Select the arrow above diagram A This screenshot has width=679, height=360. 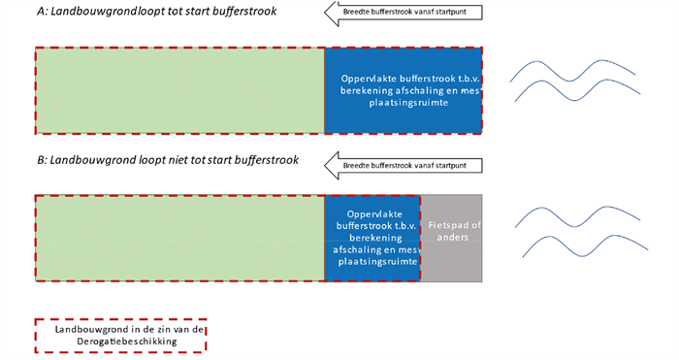tap(403, 13)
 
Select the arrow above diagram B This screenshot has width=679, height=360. tap(403, 166)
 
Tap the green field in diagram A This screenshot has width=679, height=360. tap(179, 89)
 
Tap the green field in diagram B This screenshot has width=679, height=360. tap(179, 238)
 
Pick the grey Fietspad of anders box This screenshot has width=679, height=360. tap(451, 238)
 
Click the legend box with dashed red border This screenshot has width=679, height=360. tap(121, 335)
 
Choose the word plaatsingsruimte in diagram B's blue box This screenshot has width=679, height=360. tap(372, 260)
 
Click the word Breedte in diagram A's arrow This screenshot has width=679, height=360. tap(365, 13)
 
